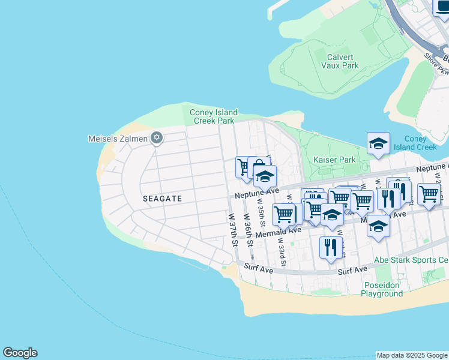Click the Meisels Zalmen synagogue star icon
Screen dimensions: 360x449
coord(157,139)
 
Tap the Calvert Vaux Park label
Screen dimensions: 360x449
coord(343,61)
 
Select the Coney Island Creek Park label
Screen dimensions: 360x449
coord(214,116)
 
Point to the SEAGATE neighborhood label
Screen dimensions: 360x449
coord(162,197)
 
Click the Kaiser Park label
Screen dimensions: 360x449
coord(334,160)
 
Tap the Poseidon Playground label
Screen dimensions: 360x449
coord(382,289)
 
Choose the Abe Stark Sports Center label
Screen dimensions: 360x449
coord(411,260)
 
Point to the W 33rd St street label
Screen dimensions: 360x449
coord(281,252)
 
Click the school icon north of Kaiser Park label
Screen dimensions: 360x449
coord(378,143)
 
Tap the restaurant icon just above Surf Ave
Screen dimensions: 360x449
coord(331,247)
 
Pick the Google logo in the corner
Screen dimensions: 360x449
coord(20,353)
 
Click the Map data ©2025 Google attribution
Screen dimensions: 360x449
coord(412,355)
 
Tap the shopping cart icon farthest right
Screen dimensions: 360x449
coord(429,194)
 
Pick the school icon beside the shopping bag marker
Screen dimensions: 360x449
coord(264,176)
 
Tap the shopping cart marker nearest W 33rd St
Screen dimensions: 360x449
coord(284,214)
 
